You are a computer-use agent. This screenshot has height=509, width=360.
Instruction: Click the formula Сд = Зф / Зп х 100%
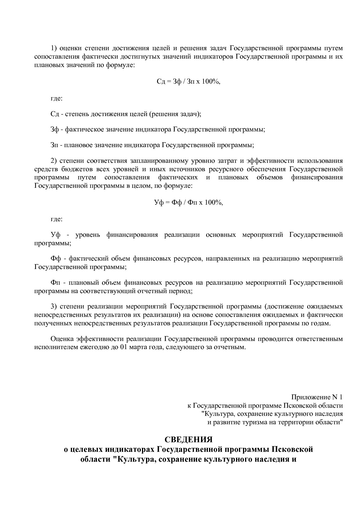pos(188,82)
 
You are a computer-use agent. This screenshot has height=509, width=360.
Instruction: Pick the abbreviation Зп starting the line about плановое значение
pos(54,145)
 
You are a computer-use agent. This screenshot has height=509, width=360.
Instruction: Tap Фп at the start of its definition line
pos(55,282)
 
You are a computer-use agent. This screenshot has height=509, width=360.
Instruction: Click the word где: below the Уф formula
pos(56,219)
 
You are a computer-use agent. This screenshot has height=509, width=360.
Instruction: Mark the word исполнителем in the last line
pos(54,347)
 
